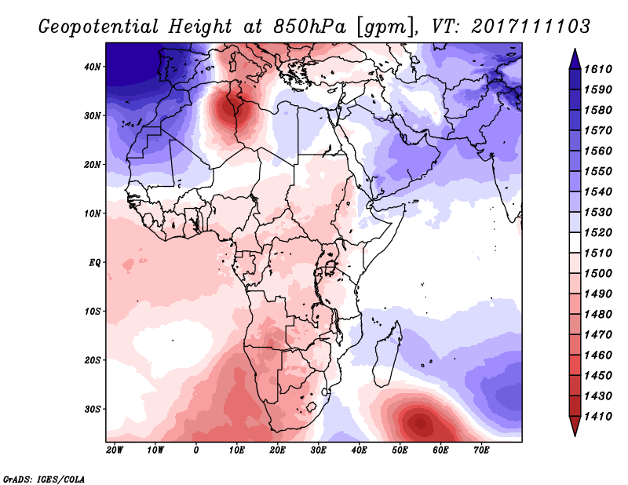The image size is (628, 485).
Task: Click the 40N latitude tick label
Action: click(x=93, y=67)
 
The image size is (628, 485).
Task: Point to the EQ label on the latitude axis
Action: click(x=94, y=262)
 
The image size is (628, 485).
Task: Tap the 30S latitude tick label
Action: click(x=93, y=409)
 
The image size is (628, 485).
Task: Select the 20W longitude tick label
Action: click(x=115, y=450)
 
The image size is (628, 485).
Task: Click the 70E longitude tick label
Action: click(x=481, y=450)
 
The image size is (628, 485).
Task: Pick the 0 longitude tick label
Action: click(x=196, y=450)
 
